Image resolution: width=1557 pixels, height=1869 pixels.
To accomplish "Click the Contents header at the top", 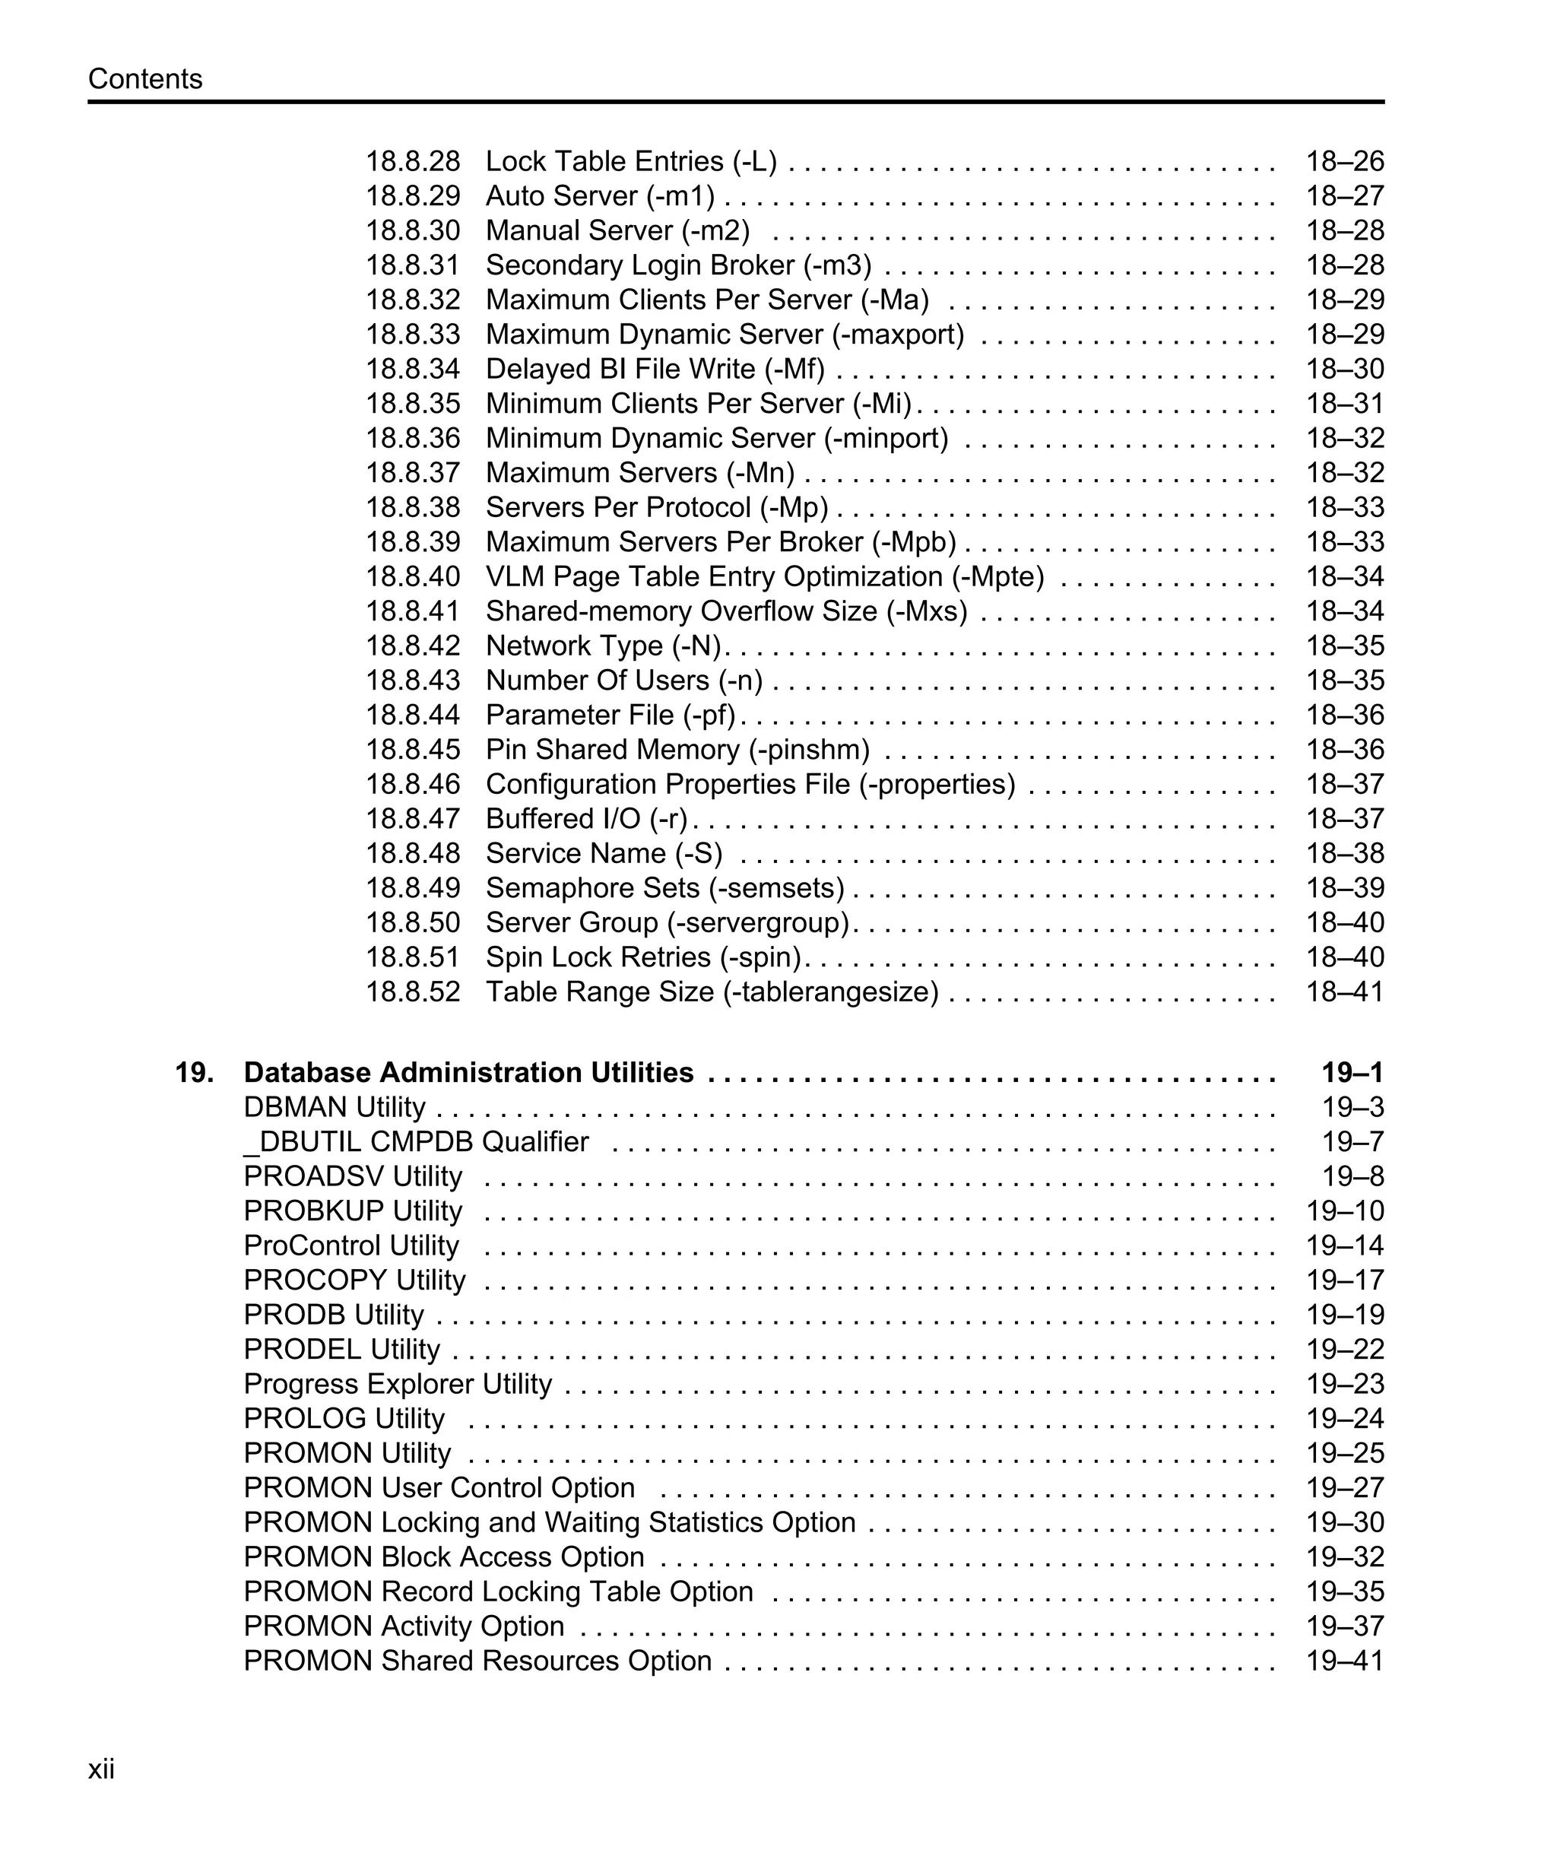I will click(x=145, y=79).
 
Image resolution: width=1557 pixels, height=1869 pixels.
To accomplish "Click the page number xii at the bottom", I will click(x=101, y=1769).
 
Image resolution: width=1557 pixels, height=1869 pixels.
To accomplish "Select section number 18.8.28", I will click(x=413, y=162).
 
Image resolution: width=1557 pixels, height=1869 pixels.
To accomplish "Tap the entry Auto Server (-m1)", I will click(x=600, y=197).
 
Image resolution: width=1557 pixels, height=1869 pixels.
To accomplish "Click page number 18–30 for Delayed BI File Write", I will click(x=1344, y=370).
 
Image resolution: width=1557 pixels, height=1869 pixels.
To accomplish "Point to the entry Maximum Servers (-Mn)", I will click(x=639, y=474).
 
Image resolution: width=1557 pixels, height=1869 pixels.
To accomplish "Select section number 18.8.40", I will click(x=413, y=576).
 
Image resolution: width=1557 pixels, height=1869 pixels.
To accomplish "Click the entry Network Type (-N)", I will click(x=602, y=646).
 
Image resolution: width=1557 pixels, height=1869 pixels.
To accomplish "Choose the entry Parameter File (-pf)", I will click(x=610, y=716).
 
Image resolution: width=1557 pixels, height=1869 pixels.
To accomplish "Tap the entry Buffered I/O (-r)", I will click(x=586, y=819).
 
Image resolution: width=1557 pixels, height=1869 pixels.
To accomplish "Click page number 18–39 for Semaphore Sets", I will click(x=1344, y=888).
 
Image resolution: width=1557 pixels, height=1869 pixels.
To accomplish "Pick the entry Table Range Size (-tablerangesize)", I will click(x=712, y=992).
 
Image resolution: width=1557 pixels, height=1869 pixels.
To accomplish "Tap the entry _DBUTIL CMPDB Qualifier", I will click(x=416, y=1142).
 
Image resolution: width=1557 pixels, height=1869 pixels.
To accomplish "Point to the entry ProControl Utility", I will click(x=350, y=1246).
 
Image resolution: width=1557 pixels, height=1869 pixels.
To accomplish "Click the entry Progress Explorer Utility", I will click(x=398, y=1384).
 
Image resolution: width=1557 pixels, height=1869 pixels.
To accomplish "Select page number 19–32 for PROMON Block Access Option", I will click(x=1344, y=1556).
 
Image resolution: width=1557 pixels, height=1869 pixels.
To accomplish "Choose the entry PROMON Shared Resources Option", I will click(x=477, y=1661).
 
